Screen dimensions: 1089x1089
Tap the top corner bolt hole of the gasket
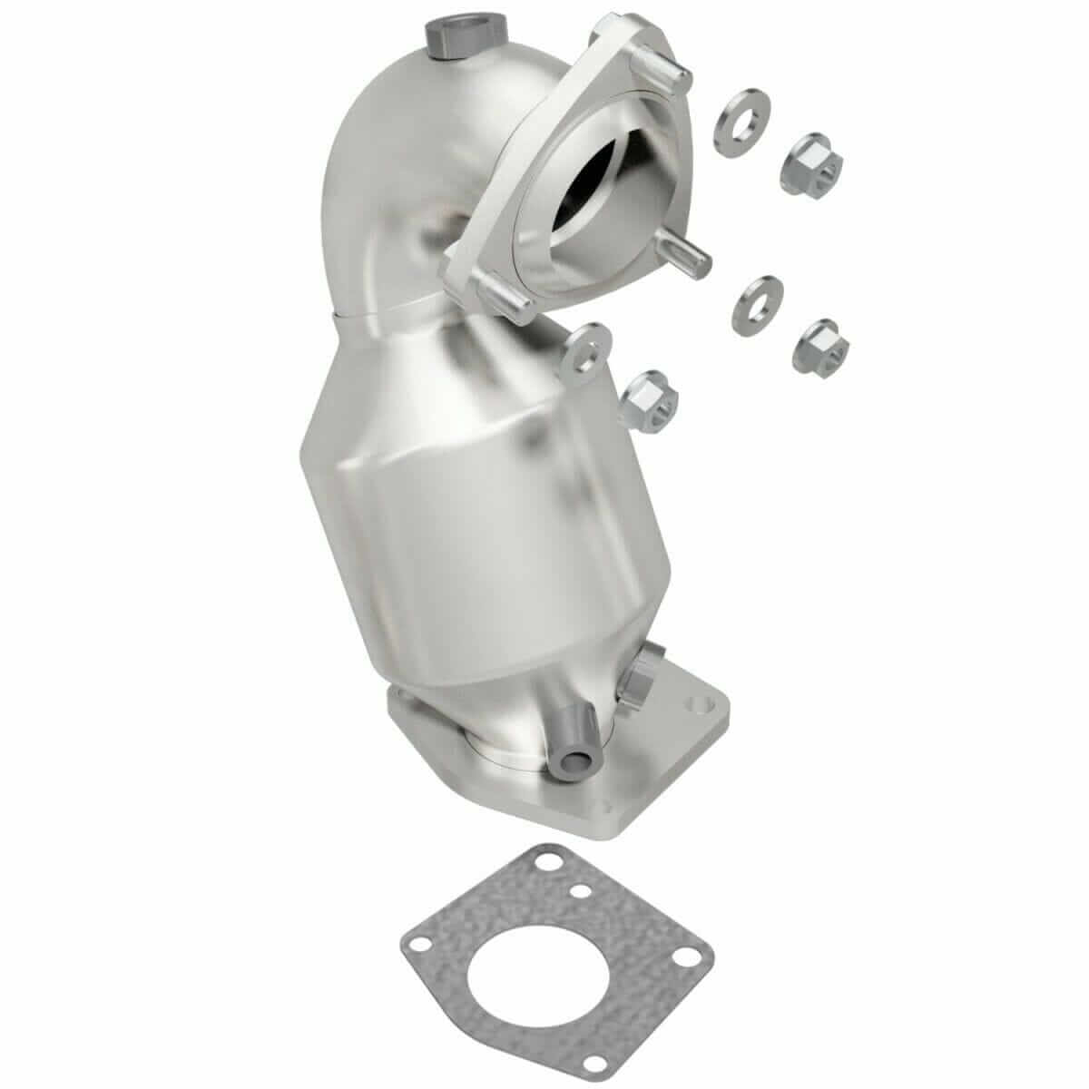tap(545, 858)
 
